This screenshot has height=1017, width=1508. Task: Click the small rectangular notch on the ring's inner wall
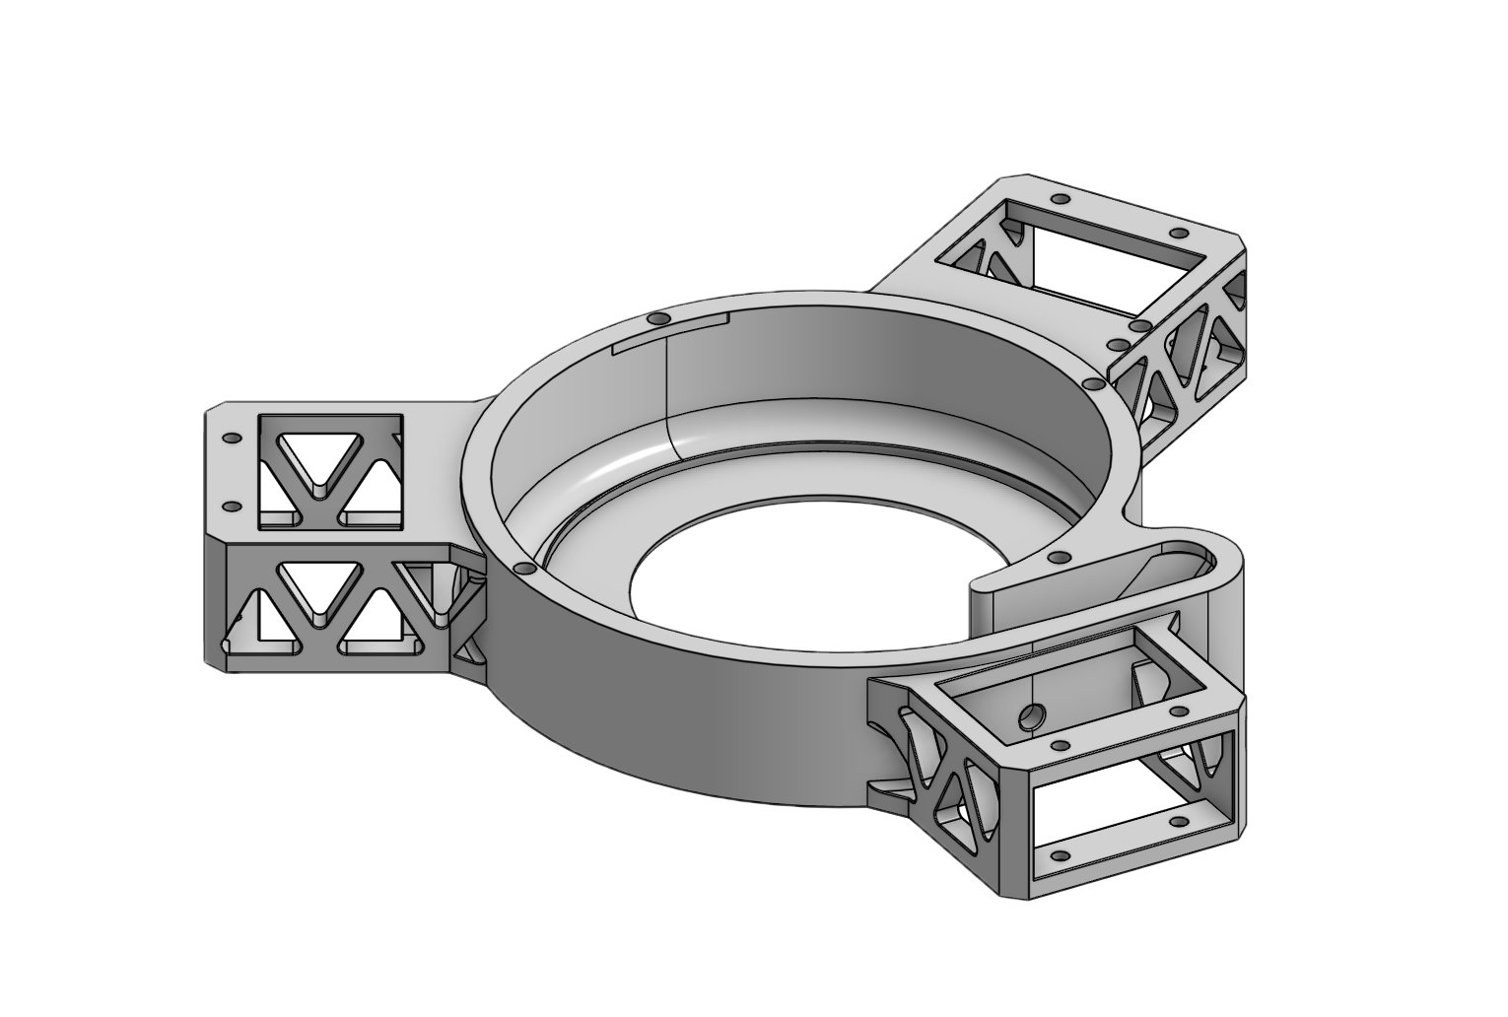tap(669, 334)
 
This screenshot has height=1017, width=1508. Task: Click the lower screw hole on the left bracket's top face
tap(232, 507)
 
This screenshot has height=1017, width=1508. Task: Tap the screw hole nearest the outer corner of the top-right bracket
tap(1177, 233)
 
